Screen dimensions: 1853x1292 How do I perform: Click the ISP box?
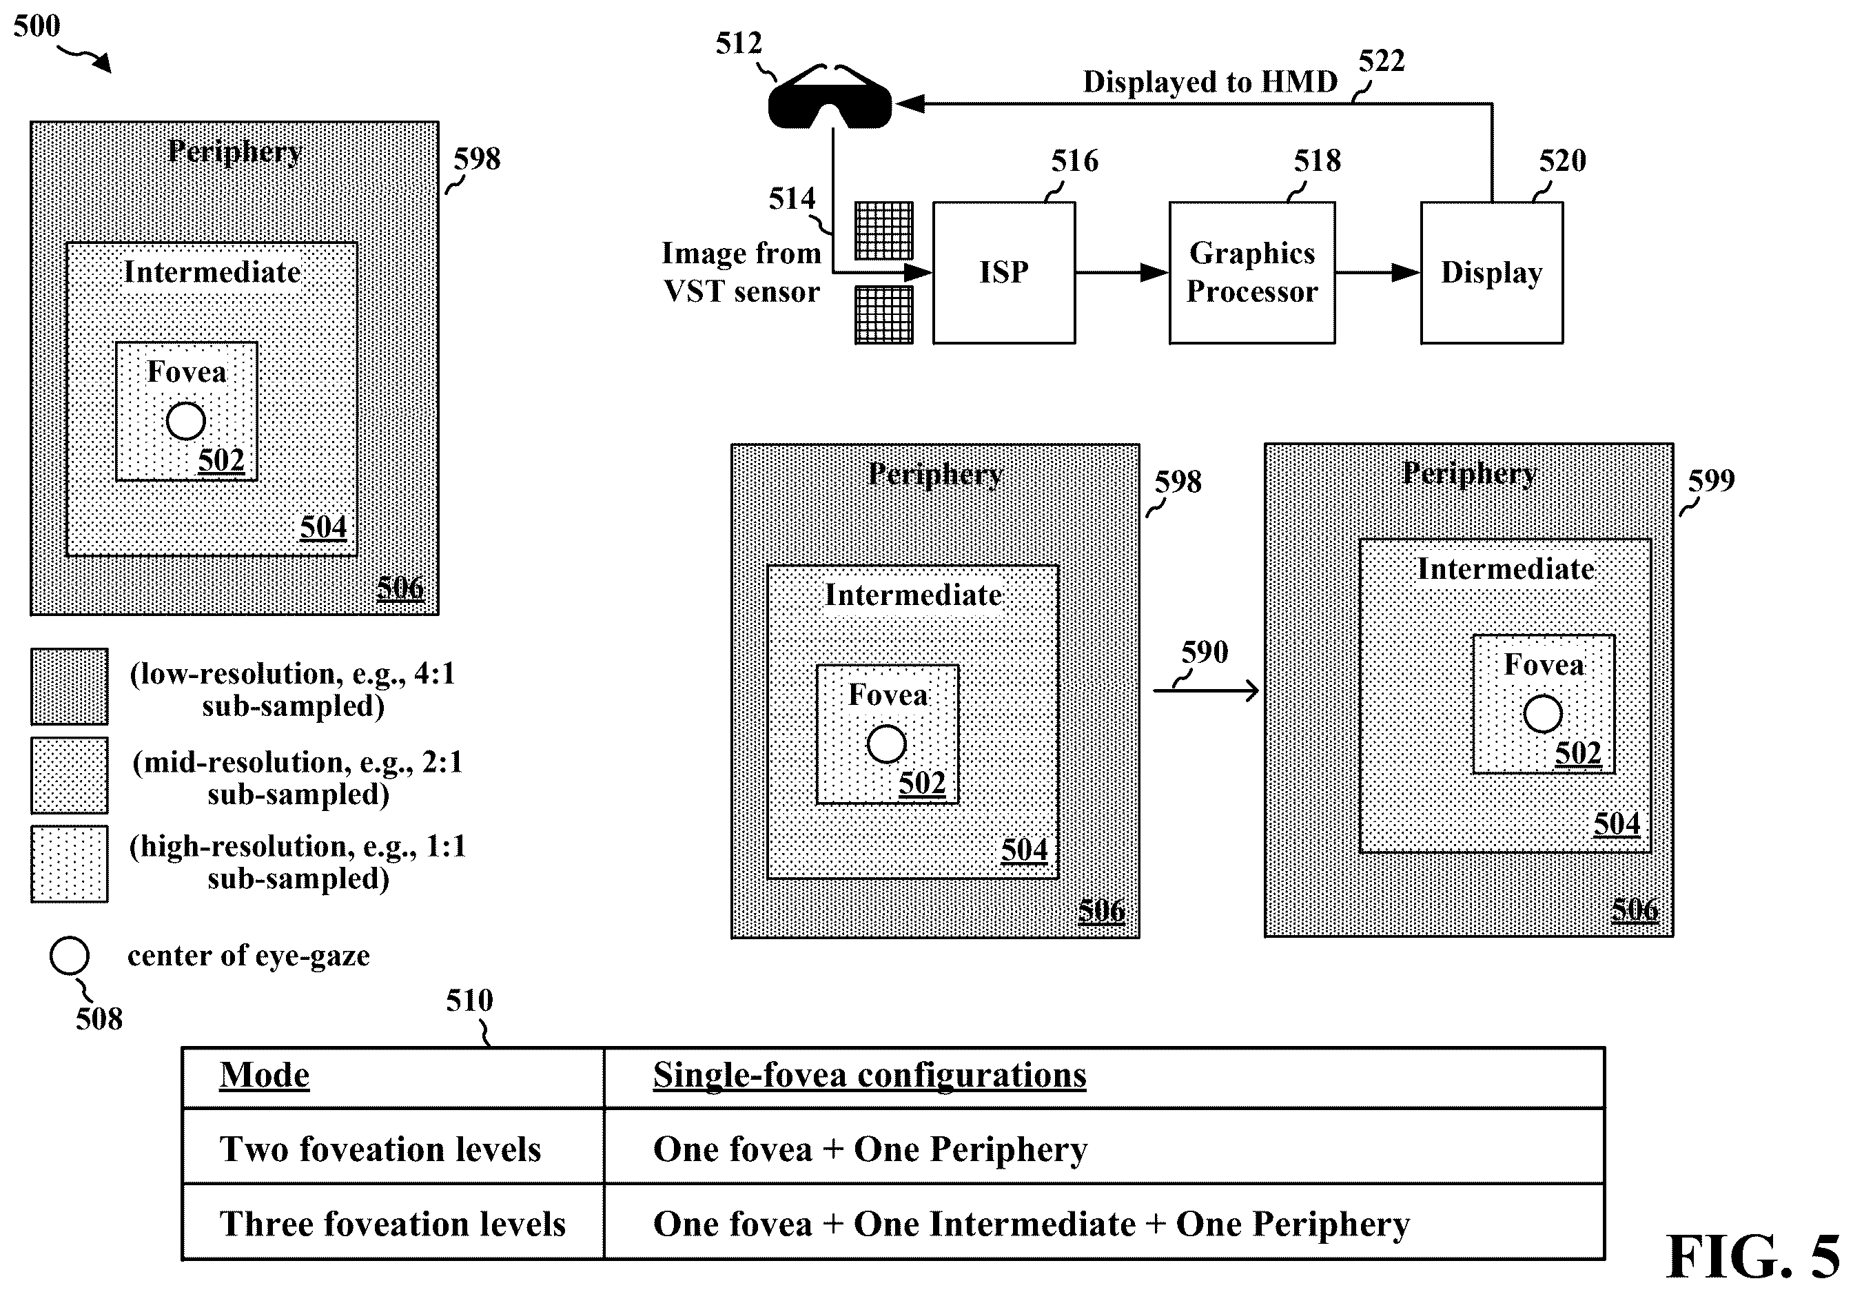pos(1004,273)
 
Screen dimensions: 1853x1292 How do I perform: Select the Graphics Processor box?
pos(1251,273)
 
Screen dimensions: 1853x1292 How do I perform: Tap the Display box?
pos(1491,273)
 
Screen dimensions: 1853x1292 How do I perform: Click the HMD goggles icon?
pos(830,98)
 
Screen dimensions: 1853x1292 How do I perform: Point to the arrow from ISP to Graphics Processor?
pos(1123,273)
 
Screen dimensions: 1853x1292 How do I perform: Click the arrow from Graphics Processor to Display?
pos(1378,273)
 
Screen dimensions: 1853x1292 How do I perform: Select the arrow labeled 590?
pos(1206,690)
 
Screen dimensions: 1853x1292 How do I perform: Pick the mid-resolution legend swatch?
pos(70,775)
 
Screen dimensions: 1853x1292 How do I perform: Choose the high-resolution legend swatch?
pos(70,863)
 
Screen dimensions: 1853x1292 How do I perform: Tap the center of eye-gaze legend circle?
pos(70,956)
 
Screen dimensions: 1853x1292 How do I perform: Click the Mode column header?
pos(264,1076)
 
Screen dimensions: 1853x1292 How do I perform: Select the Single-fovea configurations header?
pos(869,1076)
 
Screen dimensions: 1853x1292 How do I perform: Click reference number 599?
pos(1711,481)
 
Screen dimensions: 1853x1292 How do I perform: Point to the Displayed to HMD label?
pos(1210,81)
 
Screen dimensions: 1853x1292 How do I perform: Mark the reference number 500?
pos(37,25)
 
